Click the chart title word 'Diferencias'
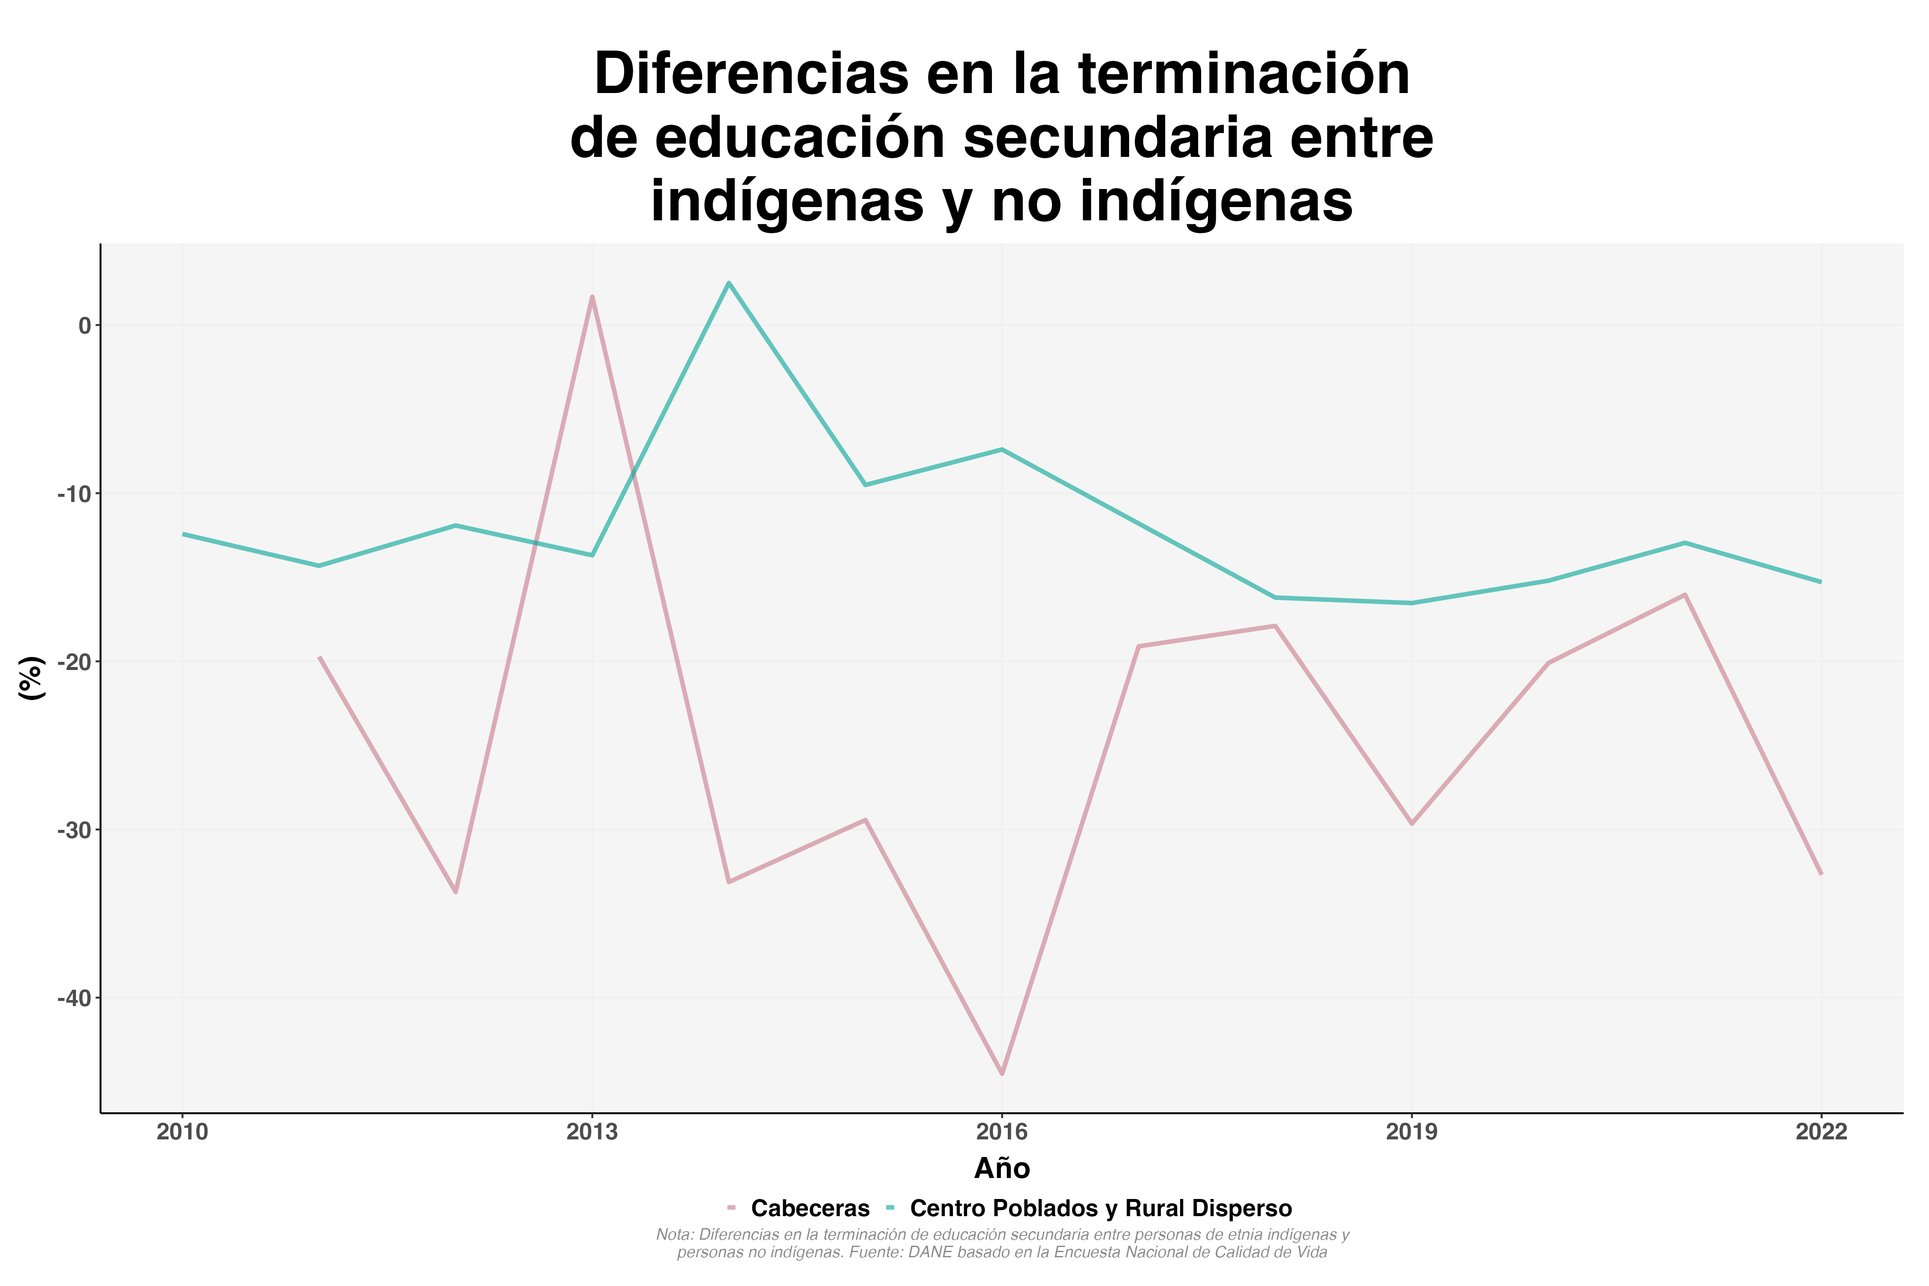[751, 75]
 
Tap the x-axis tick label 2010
[182, 1133]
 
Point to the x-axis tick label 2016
[1001, 1133]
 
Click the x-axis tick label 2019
[1412, 1133]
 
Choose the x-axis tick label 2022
[1821, 1133]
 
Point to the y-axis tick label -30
[74, 830]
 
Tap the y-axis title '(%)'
[31, 677]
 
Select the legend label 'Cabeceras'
[809, 1209]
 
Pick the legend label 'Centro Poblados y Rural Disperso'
[1101, 1209]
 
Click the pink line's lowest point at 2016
[1001, 1073]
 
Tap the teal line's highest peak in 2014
[728, 283]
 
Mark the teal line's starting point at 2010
[183, 534]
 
